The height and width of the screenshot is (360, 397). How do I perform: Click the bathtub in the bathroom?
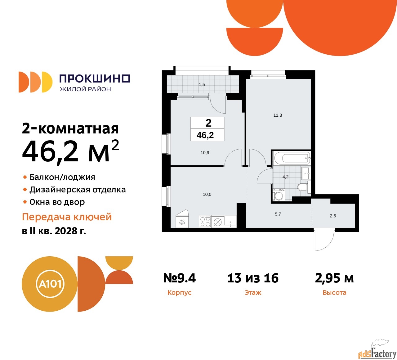(x=292, y=158)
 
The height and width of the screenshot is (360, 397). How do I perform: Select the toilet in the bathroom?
(x=302, y=187)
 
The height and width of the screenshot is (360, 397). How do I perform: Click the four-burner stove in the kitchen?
(x=205, y=222)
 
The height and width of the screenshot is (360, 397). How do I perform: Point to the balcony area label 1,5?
(x=202, y=84)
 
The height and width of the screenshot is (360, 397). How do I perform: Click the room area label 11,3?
(x=278, y=115)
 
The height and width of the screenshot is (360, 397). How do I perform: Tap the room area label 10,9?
(x=205, y=153)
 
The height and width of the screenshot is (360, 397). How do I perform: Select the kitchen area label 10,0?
(x=207, y=195)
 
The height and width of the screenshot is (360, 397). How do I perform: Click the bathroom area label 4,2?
(x=285, y=177)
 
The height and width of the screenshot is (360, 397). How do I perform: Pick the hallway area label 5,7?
(x=278, y=214)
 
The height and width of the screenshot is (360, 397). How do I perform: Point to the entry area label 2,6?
(x=333, y=216)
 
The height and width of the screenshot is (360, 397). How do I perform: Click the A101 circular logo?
(x=50, y=284)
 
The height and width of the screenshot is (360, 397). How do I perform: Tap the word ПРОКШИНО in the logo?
(x=95, y=79)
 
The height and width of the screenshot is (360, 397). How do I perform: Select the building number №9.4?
(x=180, y=278)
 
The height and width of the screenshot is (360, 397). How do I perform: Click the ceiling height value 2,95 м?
(x=334, y=278)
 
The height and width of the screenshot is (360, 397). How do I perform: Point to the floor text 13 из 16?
(x=253, y=278)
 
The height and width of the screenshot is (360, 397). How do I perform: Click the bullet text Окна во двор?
(x=57, y=202)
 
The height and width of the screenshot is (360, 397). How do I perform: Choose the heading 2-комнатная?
(x=70, y=128)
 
